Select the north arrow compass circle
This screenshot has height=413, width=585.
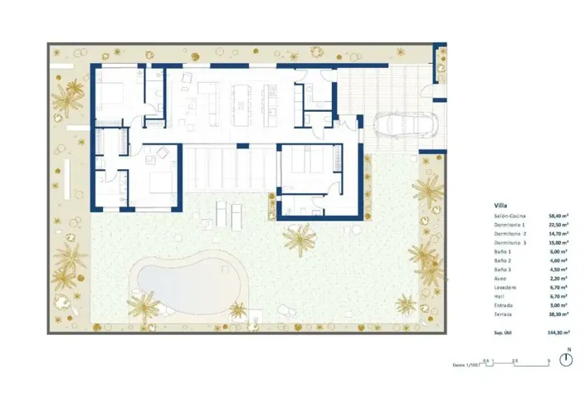pyautogui.click(x=568, y=359)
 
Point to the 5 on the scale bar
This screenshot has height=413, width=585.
pyautogui.click(x=549, y=360)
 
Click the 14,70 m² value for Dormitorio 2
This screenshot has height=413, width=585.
pyautogui.click(x=558, y=234)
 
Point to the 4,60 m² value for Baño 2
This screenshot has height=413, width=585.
pyautogui.click(x=558, y=260)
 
